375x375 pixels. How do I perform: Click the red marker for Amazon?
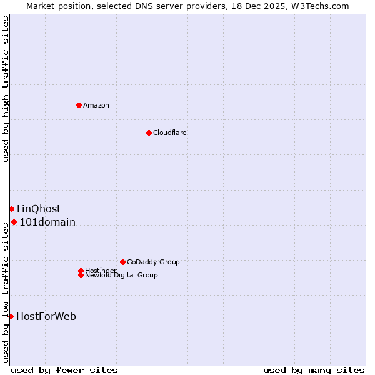tap(79, 105)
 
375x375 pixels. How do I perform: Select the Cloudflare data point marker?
tap(149, 132)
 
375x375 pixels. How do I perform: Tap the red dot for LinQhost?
tap(11, 209)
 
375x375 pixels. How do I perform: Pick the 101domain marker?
tap(14, 222)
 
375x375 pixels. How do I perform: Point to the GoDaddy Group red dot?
tap(122, 262)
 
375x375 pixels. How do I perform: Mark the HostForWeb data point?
tap(11, 316)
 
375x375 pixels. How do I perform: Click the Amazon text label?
tap(96, 105)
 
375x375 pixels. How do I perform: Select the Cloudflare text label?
tap(170, 132)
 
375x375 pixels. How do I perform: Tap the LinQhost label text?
tap(39, 209)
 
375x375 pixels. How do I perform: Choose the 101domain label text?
tap(47, 222)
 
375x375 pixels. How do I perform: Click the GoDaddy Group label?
tap(153, 262)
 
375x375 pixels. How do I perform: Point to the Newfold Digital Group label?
tap(122, 276)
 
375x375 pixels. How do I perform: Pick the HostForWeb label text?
tap(46, 316)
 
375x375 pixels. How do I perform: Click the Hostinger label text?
tap(101, 270)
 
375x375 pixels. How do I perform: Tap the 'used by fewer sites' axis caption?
tap(64, 370)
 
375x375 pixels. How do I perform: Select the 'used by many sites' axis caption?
tap(314, 370)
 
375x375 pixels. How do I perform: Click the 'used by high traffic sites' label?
tap(6, 89)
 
